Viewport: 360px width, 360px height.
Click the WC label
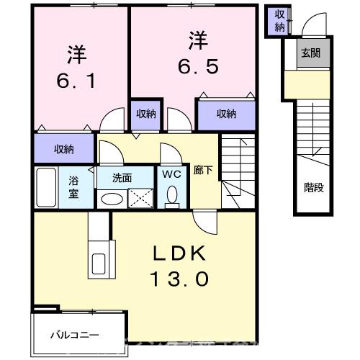(x=171, y=174)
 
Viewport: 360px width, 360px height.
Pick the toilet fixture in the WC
(x=171, y=194)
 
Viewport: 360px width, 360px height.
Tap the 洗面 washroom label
(x=122, y=177)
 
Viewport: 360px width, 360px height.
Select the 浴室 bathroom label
(x=73, y=187)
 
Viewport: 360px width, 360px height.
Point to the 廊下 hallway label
(x=202, y=171)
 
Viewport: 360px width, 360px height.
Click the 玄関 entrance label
(x=311, y=53)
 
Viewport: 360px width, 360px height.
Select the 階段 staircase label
(x=313, y=188)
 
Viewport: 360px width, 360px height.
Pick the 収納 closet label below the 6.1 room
(x=63, y=149)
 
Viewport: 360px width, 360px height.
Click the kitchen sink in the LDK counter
(x=98, y=263)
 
